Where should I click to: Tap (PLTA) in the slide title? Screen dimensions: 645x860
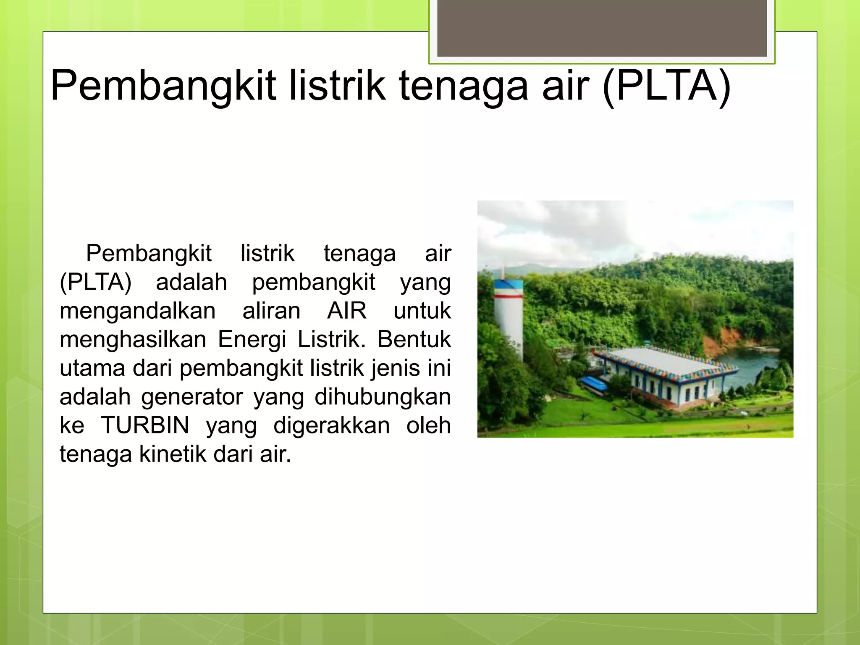666,86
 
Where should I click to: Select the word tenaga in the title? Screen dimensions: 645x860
463,86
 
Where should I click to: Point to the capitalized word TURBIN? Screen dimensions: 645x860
145,425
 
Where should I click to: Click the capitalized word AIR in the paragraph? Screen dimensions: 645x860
347,311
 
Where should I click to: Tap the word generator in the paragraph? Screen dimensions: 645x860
192,396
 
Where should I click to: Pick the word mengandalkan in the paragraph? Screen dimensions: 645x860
138,311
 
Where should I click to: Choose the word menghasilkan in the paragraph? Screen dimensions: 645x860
133,339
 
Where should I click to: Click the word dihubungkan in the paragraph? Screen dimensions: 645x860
383,396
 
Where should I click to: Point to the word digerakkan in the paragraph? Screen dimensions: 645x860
331,425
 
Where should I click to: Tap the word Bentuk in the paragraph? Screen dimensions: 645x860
414,339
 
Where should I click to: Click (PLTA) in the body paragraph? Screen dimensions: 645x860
96,282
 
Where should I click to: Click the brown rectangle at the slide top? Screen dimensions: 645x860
602,28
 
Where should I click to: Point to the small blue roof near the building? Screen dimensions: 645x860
593,383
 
